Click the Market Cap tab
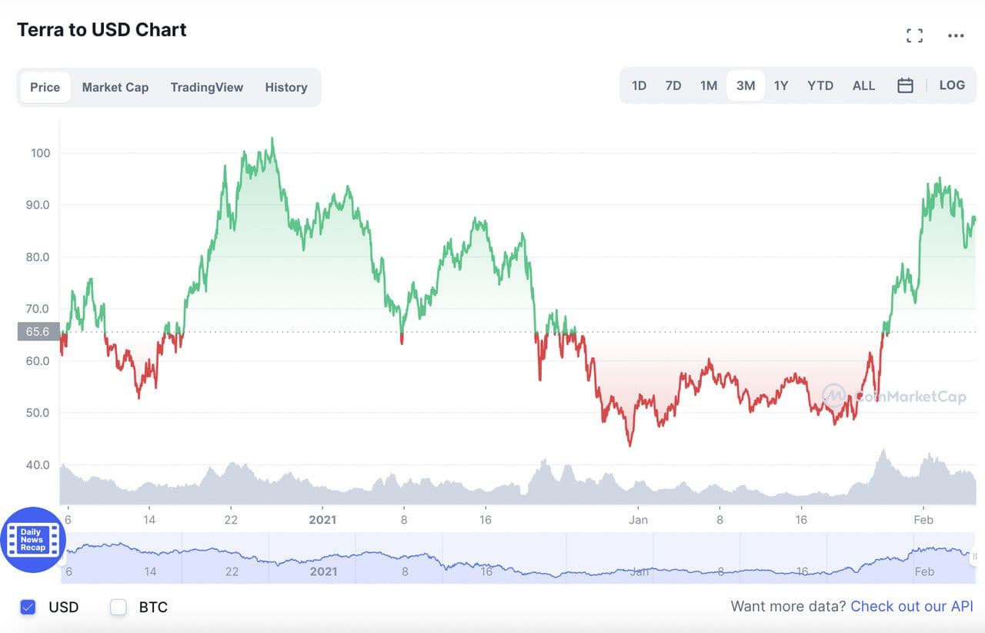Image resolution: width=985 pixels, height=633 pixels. coord(115,87)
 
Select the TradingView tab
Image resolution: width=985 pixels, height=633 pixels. coord(206,87)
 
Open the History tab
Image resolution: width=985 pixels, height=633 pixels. coord(286,87)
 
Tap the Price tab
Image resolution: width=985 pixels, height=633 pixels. coord(45,87)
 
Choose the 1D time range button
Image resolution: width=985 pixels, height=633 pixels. coord(639,85)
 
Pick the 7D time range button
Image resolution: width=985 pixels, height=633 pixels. coord(673,85)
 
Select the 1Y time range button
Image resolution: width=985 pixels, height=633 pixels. coord(781,85)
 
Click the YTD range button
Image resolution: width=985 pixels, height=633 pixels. coord(820,85)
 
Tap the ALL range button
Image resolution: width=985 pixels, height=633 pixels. coord(863,85)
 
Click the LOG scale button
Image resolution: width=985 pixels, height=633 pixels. coord(952,85)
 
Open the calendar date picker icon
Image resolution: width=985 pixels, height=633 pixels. coord(905,85)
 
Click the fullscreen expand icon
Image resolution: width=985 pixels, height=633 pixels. coord(914,35)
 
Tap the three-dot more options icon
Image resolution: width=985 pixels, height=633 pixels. coord(956,35)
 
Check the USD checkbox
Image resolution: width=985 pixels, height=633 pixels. coord(28,607)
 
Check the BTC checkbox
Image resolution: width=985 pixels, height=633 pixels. coord(119,607)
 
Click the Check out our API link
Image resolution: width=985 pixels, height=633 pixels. coord(912,607)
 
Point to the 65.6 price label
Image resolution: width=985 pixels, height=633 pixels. coord(38,332)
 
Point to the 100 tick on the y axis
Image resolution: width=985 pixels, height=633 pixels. coord(40,153)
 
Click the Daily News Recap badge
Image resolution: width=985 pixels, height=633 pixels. coord(32,540)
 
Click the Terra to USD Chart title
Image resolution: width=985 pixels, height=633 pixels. coord(102,30)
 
